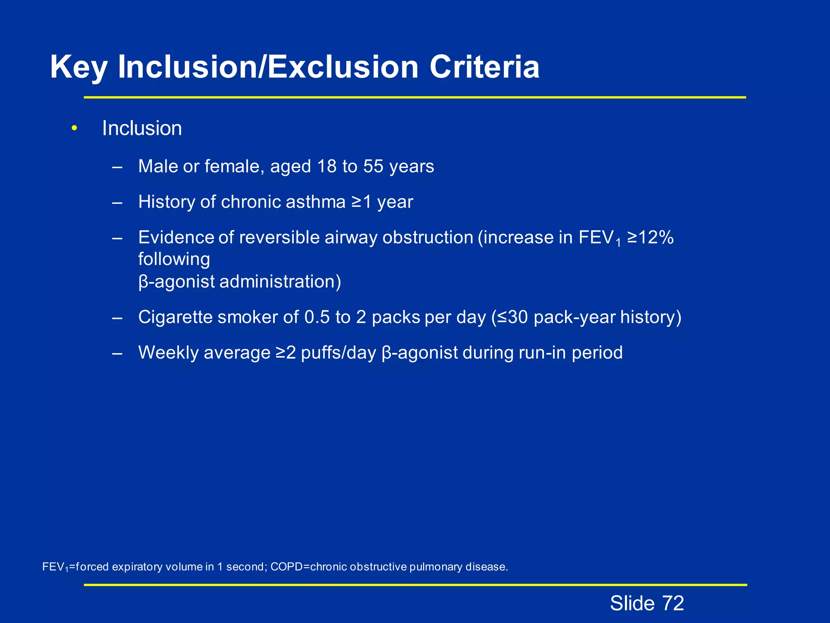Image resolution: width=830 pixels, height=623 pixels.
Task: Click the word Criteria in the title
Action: (x=484, y=67)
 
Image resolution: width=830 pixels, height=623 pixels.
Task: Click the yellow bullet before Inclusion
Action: (x=74, y=129)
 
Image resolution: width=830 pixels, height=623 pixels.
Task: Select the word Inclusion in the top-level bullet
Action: (x=142, y=129)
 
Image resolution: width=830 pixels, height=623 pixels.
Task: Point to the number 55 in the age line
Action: (x=373, y=166)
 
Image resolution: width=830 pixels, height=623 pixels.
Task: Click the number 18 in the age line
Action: (x=327, y=166)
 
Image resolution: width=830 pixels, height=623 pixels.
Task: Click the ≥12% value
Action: (x=650, y=238)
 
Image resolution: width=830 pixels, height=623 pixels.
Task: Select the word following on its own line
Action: (x=174, y=260)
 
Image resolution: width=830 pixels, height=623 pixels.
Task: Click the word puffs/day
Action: (x=338, y=352)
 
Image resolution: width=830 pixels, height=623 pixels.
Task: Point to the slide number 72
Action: (x=673, y=603)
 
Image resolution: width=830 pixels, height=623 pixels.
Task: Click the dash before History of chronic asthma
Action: (x=118, y=202)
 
